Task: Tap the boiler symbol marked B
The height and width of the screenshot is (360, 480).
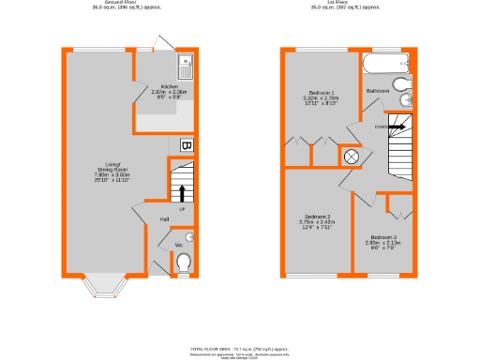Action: [186, 145]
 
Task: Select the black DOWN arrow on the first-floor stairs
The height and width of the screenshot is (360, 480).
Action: [397, 125]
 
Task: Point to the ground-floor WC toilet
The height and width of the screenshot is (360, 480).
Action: [184, 261]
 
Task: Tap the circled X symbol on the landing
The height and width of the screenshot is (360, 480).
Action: [352, 157]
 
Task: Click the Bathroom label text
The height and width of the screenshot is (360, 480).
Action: [378, 90]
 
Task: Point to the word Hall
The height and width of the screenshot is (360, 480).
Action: [163, 219]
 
